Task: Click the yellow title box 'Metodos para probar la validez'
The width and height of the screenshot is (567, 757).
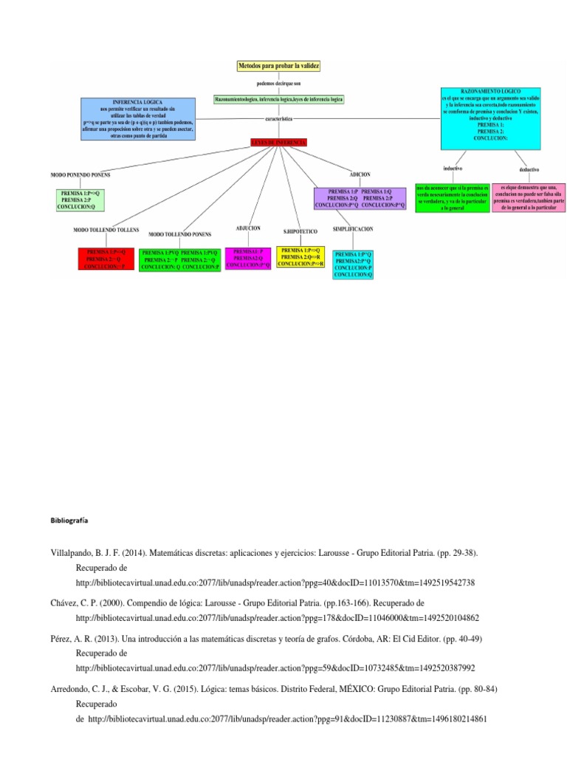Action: [x=278, y=67]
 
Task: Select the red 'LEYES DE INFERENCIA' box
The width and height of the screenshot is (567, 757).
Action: [x=278, y=142]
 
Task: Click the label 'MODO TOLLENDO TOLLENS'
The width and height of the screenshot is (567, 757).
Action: [x=106, y=231]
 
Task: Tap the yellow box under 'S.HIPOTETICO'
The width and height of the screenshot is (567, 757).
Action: [x=300, y=257]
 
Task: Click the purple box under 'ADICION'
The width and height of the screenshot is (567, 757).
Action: [x=360, y=198]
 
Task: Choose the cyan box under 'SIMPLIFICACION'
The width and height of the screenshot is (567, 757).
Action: [x=354, y=264]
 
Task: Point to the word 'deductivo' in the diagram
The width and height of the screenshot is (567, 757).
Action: [x=528, y=169]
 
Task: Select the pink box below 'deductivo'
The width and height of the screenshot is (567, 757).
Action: [x=528, y=199]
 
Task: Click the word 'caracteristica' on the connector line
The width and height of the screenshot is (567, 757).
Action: [x=278, y=118]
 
